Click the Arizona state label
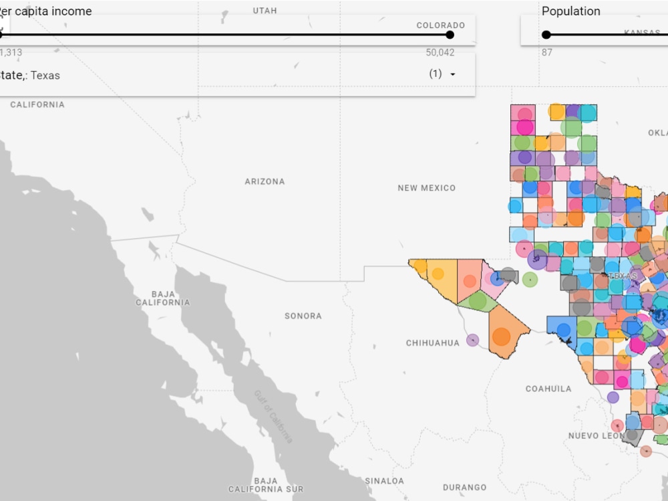(265, 181)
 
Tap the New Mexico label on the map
(426, 188)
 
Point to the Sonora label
(303, 316)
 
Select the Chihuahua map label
(433, 343)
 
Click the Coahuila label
(548, 389)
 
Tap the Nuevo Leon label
(597, 435)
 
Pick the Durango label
(465, 488)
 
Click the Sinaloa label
(384, 481)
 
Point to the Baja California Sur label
(266, 485)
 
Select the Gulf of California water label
(273, 416)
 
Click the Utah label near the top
(265, 11)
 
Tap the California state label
(37, 104)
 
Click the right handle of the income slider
(450, 35)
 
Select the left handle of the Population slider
(546, 35)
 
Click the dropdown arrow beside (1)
(453, 74)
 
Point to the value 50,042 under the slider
(440, 52)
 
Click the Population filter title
(570, 11)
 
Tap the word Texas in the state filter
(45, 76)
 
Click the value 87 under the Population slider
(547, 52)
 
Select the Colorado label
(440, 25)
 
